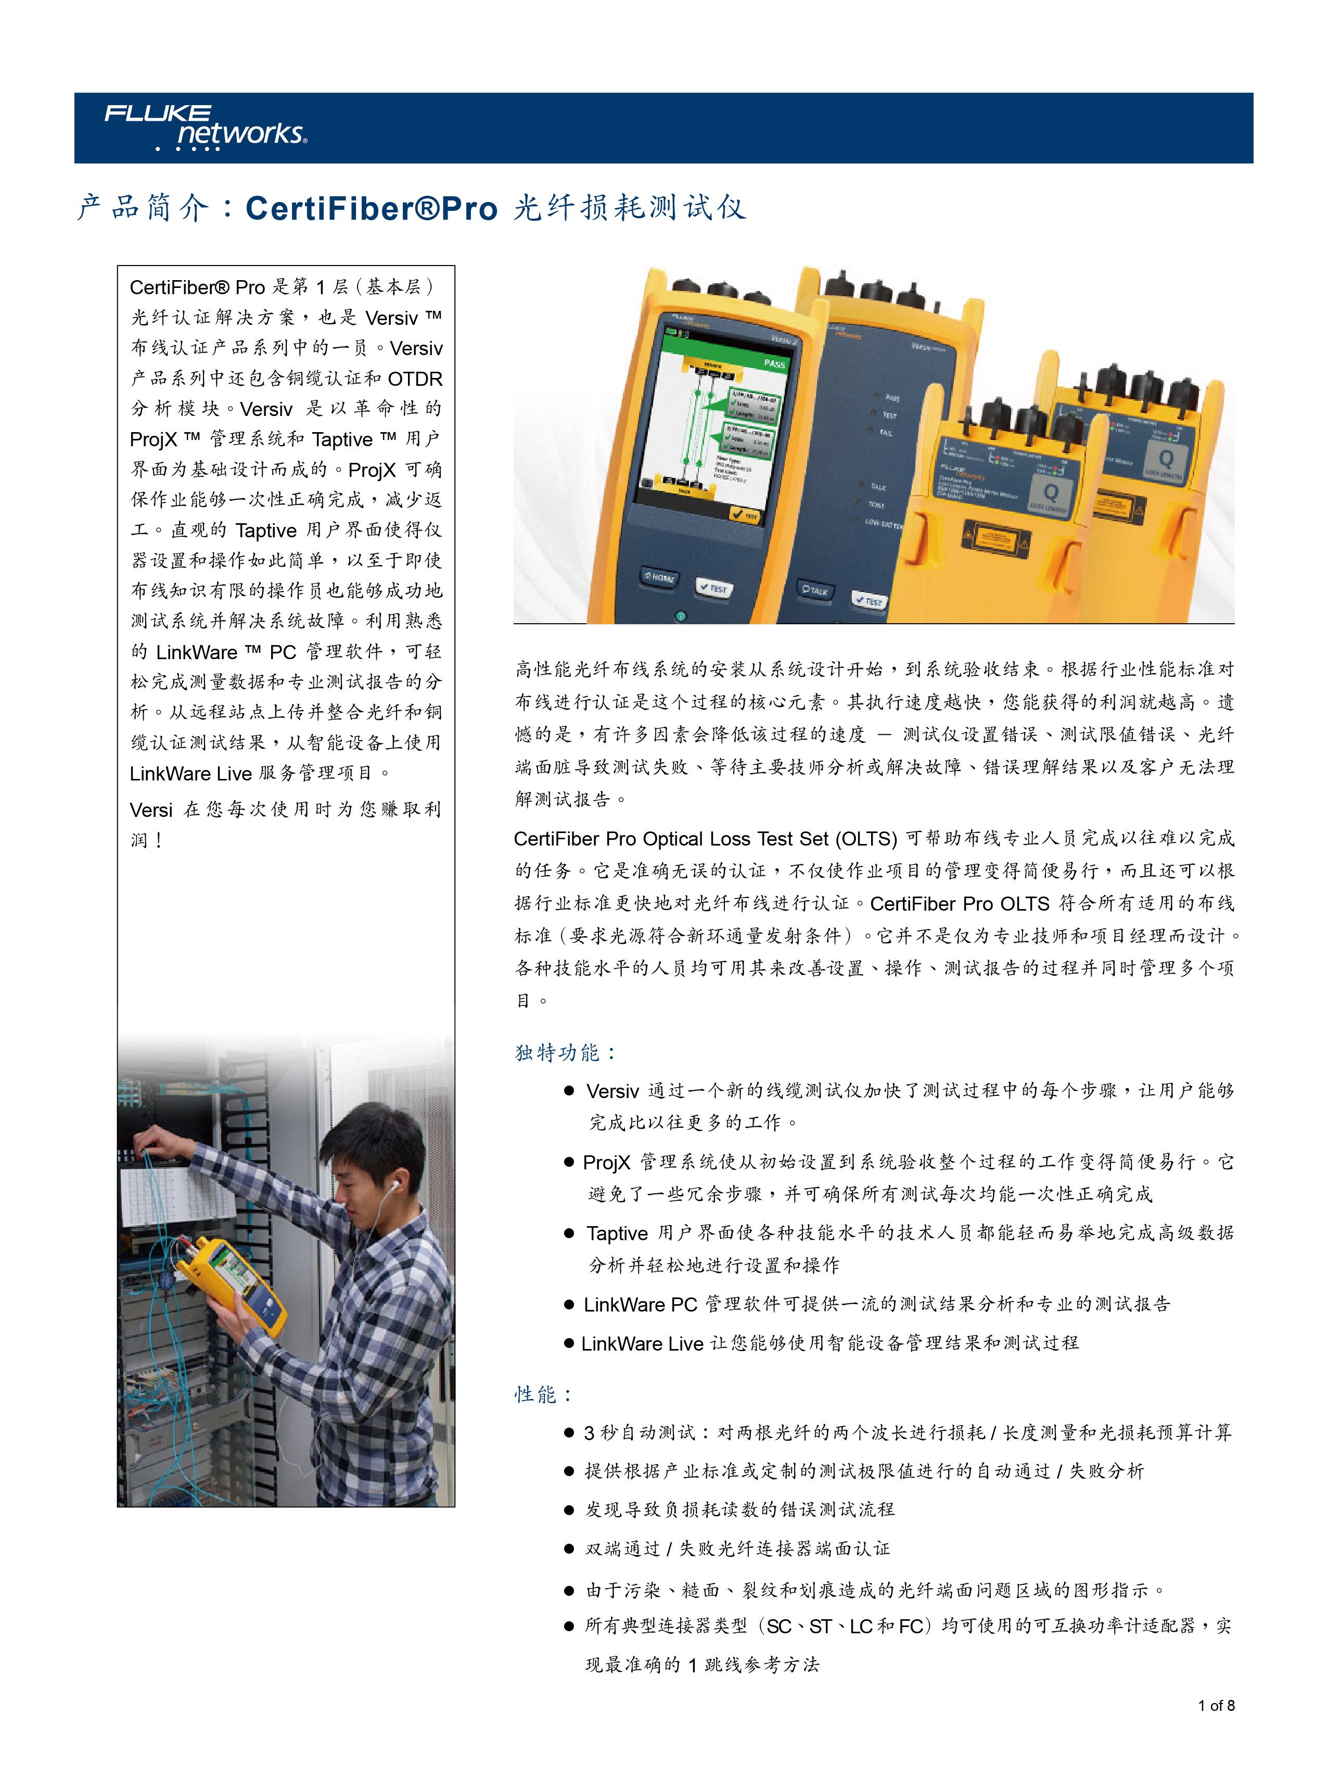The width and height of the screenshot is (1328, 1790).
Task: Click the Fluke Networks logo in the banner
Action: [205, 126]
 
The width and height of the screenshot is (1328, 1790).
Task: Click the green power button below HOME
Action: [681, 616]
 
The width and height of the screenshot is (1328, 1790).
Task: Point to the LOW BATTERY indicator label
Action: [883, 523]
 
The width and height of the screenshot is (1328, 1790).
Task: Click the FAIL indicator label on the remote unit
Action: [885, 433]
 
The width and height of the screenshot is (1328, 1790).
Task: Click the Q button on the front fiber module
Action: [1050, 491]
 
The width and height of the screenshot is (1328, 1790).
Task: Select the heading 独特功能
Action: [564, 1053]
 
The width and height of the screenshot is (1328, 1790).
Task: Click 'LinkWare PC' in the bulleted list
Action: [640, 1304]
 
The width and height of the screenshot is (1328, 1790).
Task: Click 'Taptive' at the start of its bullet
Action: [617, 1233]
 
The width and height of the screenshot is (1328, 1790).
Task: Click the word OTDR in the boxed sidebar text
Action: [415, 379]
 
